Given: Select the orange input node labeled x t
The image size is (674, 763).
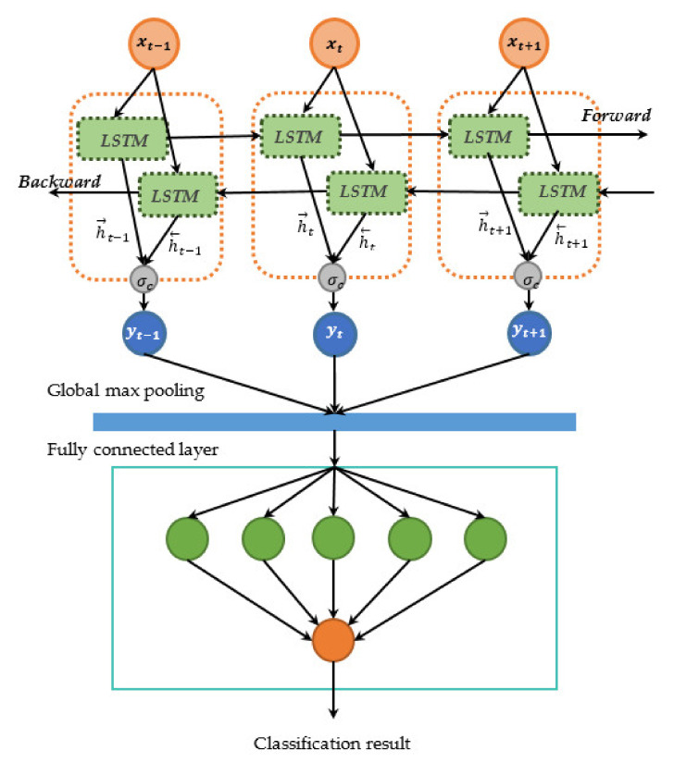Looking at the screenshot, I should click(x=333, y=43).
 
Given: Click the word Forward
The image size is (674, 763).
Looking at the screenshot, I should click(x=611, y=115).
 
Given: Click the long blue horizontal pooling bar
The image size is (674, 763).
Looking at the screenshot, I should click(x=334, y=422).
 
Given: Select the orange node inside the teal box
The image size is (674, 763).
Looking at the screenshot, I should click(x=333, y=638).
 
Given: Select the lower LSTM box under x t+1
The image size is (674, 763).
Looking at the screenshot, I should click(x=556, y=191).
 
